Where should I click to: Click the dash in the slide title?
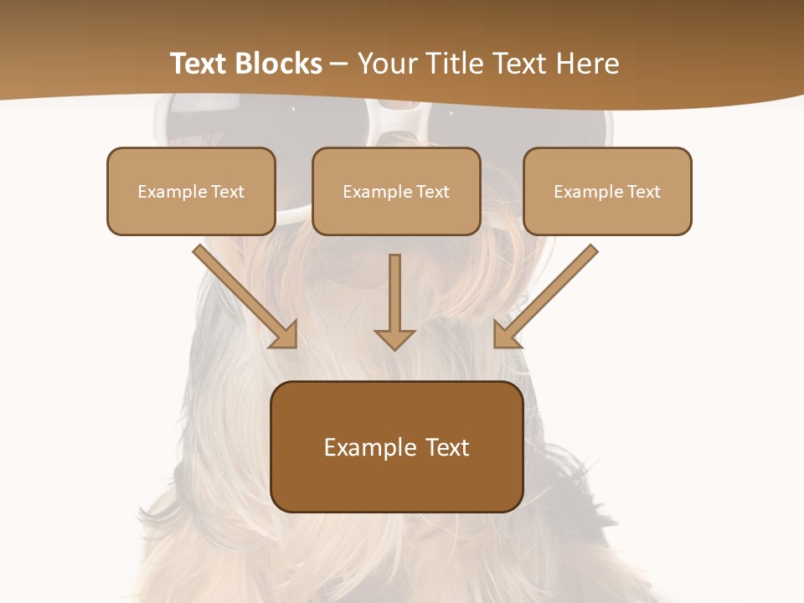coord(339,64)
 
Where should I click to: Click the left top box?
coord(191,191)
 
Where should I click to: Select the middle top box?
coord(396,191)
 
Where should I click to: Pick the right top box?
coord(607,191)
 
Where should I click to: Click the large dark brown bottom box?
coord(396,446)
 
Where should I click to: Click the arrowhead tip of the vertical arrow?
coord(394,348)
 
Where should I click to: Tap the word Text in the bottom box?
coord(447,447)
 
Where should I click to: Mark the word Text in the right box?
coord(643,192)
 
